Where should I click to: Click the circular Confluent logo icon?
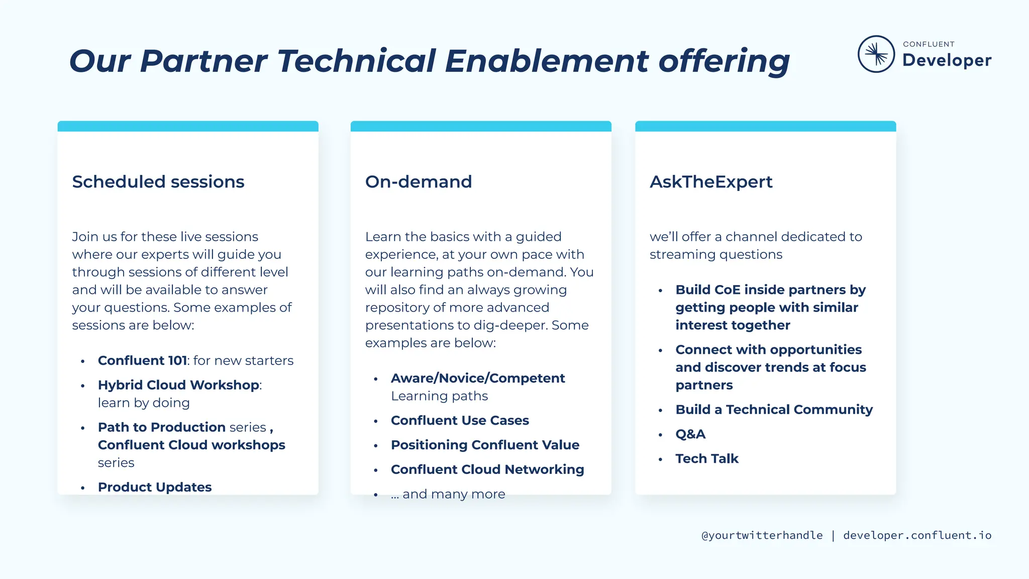(876, 54)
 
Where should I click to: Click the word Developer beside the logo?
(947, 60)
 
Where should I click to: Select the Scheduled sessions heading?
(158, 181)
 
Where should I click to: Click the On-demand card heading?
(419, 181)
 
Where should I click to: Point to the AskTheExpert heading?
(711, 181)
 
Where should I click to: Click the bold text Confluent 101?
(142, 360)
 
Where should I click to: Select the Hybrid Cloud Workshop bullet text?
(178, 385)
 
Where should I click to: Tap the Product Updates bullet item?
(155, 487)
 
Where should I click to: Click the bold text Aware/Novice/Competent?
(478, 378)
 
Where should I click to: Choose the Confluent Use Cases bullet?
(460, 420)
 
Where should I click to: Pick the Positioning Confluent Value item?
(485, 445)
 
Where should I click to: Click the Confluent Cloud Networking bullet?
(487, 469)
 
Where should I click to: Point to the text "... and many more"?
(448, 494)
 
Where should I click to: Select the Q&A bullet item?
(690, 434)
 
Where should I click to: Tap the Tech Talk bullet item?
(707, 458)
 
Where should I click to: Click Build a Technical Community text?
(774, 410)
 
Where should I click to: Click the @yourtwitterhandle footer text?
(762, 535)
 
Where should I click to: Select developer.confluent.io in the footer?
(917, 535)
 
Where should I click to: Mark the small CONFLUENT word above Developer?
(929, 44)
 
